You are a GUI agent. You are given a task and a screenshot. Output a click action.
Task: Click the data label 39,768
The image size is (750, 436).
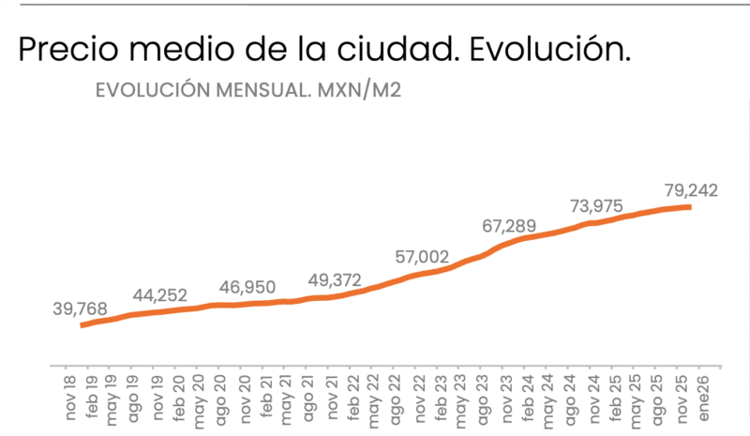coord(81,308)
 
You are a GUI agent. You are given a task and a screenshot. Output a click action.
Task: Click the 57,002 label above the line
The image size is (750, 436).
coord(421,257)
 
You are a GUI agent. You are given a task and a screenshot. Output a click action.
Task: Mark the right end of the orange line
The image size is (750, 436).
coord(690,206)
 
